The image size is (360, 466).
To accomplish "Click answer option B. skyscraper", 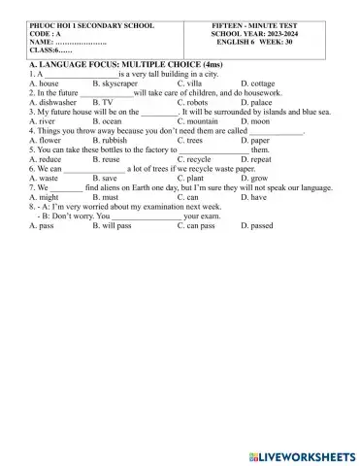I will pos(117,84).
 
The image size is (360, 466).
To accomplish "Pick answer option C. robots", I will pos(193,102).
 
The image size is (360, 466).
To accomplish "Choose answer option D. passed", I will pos(257,225).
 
